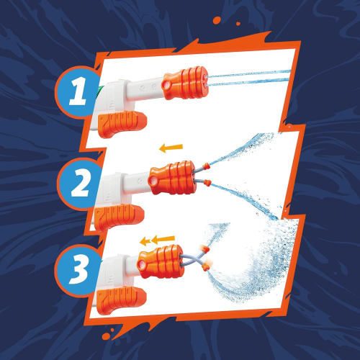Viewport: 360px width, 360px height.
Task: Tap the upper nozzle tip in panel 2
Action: coord(207,164)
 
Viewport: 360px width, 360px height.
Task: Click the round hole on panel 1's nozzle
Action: coord(167,85)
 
